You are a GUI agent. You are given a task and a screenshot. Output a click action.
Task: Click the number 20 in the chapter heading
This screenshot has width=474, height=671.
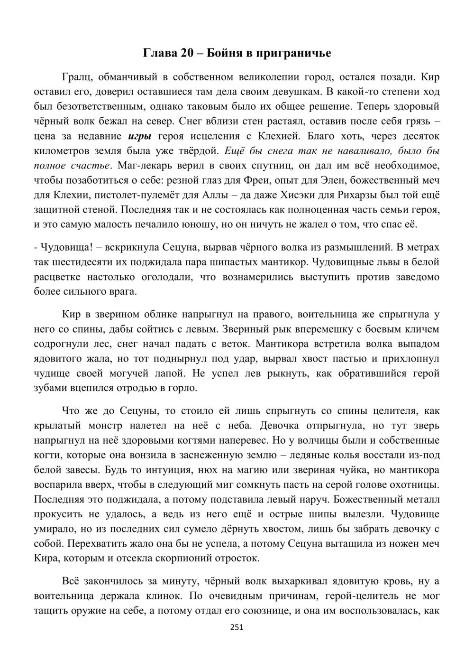pos(187,53)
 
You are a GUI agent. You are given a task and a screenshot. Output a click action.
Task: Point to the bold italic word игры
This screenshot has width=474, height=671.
pos(140,136)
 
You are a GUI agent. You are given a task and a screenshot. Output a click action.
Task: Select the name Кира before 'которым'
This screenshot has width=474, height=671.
pos(46,558)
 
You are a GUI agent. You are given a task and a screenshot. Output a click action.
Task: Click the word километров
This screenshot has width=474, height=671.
pos(61,151)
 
